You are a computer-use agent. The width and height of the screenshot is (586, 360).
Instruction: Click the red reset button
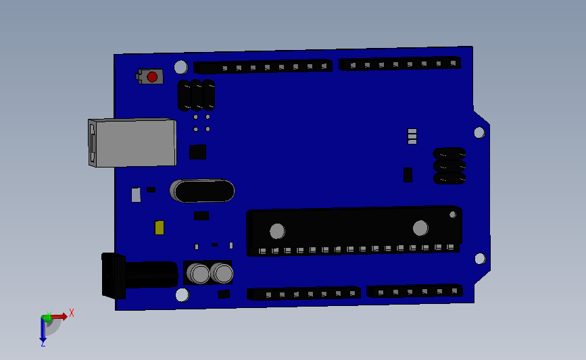pyautogui.click(x=152, y=77)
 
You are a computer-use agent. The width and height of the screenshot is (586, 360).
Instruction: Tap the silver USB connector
pyautogui.click(x=132, y=143)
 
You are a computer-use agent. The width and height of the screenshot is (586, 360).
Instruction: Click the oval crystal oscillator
pyautogui.click(x=203, y=190)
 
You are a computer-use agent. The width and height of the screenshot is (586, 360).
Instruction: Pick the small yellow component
pyautogui.click(x=160, y=228)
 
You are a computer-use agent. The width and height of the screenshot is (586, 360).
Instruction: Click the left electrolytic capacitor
pyautogui.click(x=199, y=274)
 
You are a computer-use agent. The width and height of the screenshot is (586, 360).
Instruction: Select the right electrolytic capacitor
pyautogui.click(x=222, y=273)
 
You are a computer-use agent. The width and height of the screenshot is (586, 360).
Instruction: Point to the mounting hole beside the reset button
pyautogui.click(x=180, y=67)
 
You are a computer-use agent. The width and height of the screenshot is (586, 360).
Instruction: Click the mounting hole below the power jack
pyautogui.click(x=182, y=294)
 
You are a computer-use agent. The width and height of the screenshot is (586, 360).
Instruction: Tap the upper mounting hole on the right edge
pyautogui.click(x=479, y=132)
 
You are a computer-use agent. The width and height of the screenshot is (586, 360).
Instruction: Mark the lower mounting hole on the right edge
pyautogui.click(x=480, y=258)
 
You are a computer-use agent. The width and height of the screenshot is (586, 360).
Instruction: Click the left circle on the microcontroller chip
pyautogui.click(x=277, y=231)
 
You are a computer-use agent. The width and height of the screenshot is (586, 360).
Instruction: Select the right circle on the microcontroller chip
pyautogui.click(x=420, y=228)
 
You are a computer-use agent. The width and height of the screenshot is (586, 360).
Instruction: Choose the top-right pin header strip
pyautogui.click(x=400, y=63)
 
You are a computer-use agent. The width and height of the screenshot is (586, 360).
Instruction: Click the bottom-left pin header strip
pyautogui.click(x=303, y=293)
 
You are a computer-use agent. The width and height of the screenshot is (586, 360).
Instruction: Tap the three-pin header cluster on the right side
pyautogui.click(x=449, y=166)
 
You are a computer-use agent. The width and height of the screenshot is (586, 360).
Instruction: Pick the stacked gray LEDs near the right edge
pyautogui.click(x=412, y=136)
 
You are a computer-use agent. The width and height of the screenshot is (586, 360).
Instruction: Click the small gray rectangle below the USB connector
pyautogui.click(x=136, y=195)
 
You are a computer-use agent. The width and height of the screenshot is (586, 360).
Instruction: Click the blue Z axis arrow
pyautogui.click(x=43, y=331)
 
